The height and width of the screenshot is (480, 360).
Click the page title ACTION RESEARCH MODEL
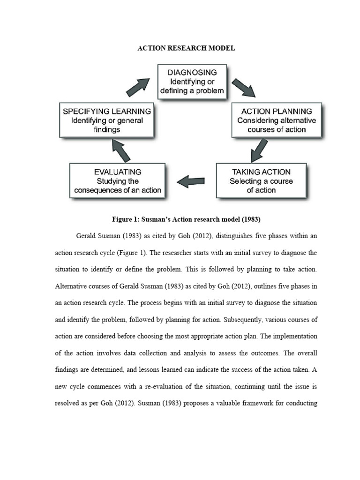pyautogui.click(x=185, y=48)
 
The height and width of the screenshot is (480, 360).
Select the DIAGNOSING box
pyautogui.click(x=192, y=82)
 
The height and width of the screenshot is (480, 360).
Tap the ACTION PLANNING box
pyautogui.click(x=276, y=120)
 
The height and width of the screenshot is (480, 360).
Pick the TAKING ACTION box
pyautogui.click(x=261, y=181)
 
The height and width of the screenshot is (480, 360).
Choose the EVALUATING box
pyautogui.click(x=118, y=181)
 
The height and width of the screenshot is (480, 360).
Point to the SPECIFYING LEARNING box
pyautogui.click(x=107, y=120)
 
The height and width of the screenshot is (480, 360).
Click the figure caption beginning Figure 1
pyautogui.click(x=186, y=219)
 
